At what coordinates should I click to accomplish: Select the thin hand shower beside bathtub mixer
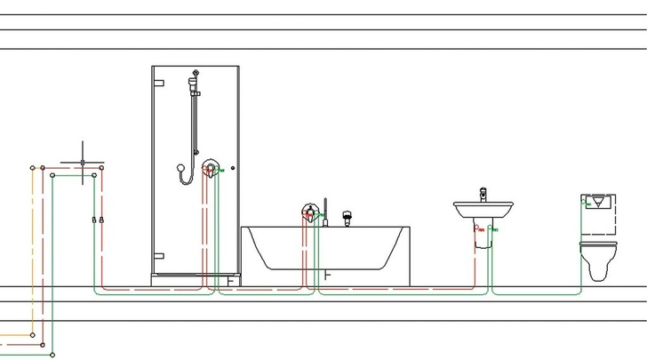pos(326,212)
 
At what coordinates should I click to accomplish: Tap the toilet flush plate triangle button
pos(595,202)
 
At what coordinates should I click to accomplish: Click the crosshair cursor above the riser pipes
pos(83,163)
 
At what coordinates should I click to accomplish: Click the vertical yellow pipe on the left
pos(33,249)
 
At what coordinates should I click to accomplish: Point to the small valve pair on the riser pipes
pos(98,219)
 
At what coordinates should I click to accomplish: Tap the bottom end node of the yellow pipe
pos(33,335)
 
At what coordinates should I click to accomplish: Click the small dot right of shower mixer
pos(232,169)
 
